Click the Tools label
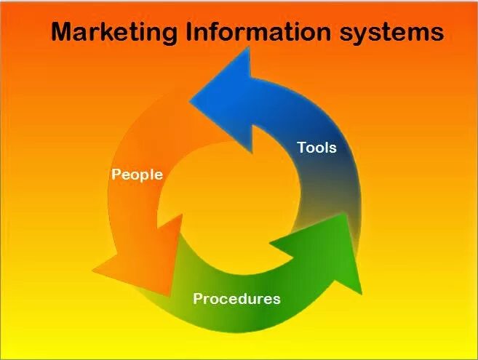pyautogui.click(x=316, y=148)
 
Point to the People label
pyautogui.click(x=137, y=175)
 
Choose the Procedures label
pyautogui.click(x=236, y=299)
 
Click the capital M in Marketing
pyautogui.click(x=63, y=32)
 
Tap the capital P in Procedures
pyautogui.click(x=198, y=299)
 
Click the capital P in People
pyautogui.click(x=116, y=175)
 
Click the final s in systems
pyautogui.click(x=437, y=33)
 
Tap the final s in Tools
pyautogui.click(x=333, y=148)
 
